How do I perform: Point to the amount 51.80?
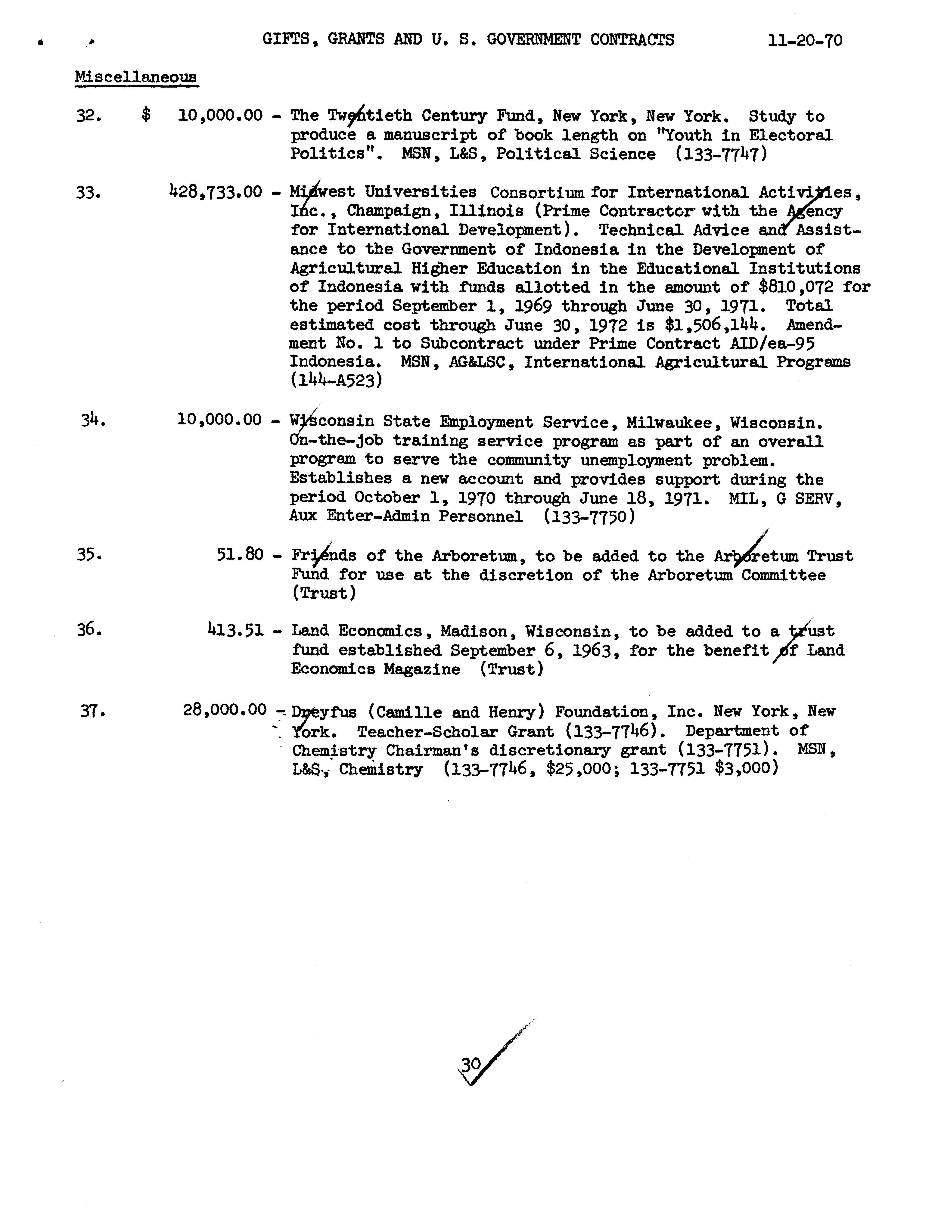pyautogui.click(x=240, y=554)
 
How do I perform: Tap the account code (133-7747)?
pyautogui.click(x=721, y=153)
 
